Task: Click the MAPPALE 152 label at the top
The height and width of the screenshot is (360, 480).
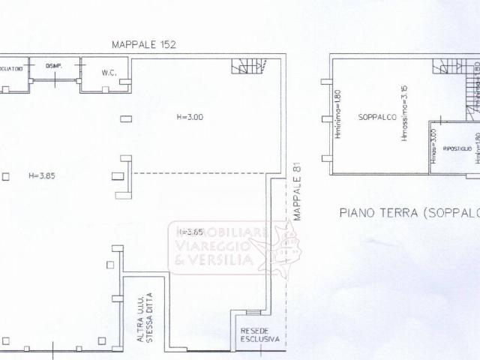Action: click(x=143, y=45)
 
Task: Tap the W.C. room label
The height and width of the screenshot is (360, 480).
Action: click(x=106, y=73)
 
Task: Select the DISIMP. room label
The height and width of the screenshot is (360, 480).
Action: click(x=53, y=66)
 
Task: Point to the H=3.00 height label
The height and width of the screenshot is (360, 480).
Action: click(x=190, y=117)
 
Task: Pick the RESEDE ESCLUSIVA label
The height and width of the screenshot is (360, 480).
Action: click(x=259, y=334)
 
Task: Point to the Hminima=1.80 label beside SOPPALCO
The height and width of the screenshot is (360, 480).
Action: click(x=339, y=116)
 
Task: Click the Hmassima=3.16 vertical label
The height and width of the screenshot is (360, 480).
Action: click(x=404, y=116)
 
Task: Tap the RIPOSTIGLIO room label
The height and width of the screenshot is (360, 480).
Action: click(x=456, y=148)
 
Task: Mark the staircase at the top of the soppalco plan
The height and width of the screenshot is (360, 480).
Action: click(x=448, y=66)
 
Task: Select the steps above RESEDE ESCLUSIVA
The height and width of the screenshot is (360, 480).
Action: click(x=253, y=312)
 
